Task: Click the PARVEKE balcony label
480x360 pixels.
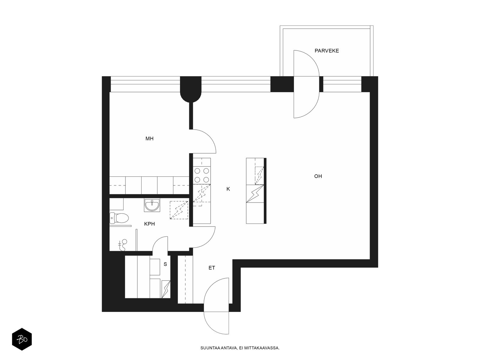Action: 327,51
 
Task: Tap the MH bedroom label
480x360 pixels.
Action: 149,139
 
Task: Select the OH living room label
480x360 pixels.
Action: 318,176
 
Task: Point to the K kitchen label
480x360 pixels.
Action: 228,189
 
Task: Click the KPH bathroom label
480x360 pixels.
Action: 149,224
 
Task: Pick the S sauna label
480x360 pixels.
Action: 165,264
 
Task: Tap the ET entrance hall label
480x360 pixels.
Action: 212,268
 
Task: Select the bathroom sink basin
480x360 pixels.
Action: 152,205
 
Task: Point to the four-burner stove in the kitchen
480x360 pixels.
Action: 202,175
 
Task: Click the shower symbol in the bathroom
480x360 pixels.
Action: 123,244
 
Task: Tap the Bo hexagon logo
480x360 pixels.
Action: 22,340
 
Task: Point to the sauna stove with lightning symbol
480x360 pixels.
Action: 166,289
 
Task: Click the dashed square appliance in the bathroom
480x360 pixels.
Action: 179,210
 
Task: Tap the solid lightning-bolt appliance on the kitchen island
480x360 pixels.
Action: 255,193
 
